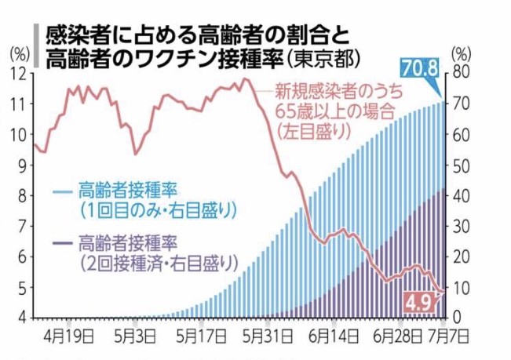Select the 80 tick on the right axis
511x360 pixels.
click(462, 73)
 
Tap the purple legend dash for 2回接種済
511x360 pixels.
click(63, 242)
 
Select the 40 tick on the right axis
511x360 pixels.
click(462, 195)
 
